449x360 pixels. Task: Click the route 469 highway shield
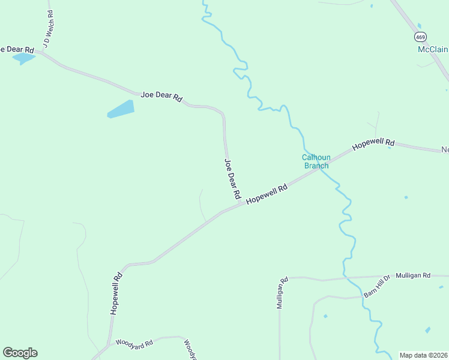tap(420, 36)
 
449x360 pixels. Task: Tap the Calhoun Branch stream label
tap(316, 162)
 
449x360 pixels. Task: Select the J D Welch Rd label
tap(45, 28)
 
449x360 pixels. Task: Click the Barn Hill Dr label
tap(377, 286)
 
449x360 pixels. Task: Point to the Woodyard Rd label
tap(134, 343)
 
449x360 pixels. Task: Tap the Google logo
tap(20, 353)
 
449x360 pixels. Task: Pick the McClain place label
tap(433, 49)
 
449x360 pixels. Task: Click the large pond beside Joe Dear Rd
tap(121, 109)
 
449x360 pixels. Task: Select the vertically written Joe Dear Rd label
tap(232, 179)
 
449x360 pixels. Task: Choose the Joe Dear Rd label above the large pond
tap(161, 96)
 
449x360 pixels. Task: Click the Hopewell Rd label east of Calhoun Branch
tap(373, 144)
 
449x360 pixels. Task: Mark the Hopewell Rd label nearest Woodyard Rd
tap(116, 293)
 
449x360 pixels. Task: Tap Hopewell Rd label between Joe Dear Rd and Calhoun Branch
tap(267, 193)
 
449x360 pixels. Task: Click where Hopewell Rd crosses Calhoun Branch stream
tap(318, 168)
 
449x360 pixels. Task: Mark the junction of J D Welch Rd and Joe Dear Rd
tap(40, 52)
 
